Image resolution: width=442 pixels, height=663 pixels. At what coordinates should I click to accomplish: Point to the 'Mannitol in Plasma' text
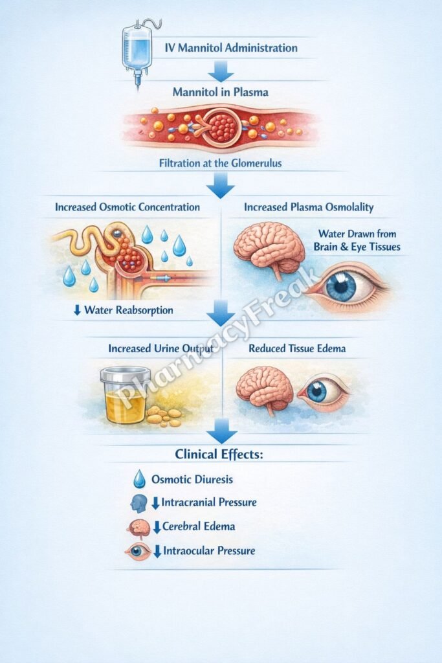tap(220, 92)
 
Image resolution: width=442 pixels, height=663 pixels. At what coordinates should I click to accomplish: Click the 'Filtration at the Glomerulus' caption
tap(221, 164)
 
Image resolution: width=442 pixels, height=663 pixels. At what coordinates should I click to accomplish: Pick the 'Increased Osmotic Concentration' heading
tap(127, 208)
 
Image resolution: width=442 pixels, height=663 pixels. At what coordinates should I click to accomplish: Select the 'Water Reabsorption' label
tap(128, 310)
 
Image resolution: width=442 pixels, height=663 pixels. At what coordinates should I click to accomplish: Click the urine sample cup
tap(125, 395)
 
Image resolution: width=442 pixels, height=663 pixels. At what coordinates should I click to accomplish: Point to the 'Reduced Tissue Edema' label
tap(297, 348)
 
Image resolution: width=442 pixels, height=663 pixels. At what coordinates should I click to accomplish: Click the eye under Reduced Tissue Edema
tap(322, 391)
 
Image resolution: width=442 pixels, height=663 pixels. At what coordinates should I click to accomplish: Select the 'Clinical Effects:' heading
tap(220, 454)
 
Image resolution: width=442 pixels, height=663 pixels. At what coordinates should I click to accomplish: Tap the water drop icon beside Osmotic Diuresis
tap(138, 479)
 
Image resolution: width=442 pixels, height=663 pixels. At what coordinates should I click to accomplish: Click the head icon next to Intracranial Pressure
tap(138, 503)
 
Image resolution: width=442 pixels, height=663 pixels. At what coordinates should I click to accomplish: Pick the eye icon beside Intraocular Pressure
tap(138, 552)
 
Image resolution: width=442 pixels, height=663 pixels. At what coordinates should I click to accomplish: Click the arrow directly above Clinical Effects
tap(221, 431)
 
